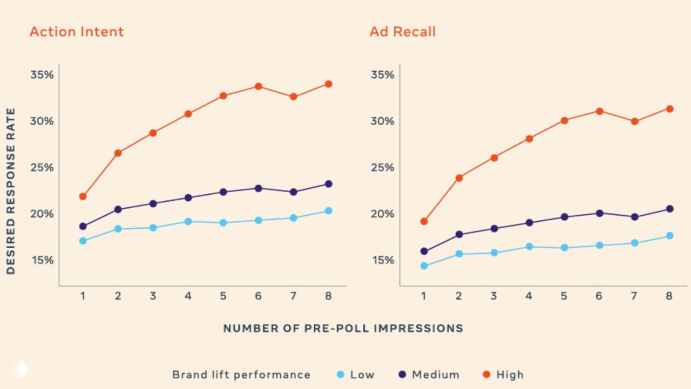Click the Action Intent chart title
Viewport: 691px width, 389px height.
[x=77, y=32]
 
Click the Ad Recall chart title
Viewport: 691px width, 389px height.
[x=402, y=32]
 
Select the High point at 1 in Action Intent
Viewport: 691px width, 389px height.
[x=83, y=196]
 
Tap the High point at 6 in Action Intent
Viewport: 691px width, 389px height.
[x=258, y=86]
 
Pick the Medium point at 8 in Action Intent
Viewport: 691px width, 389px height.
[x=328, y=184]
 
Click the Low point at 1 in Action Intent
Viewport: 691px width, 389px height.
[x=83, y=241]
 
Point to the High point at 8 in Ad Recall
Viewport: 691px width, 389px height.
[x=669, y=109]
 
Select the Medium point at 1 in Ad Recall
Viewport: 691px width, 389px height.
[x=424, y=251]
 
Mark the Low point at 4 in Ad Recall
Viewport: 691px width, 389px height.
[x=529, y=247]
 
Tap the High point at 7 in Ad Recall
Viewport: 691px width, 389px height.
[x=634, y=121]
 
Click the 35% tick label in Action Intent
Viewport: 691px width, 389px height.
[x=42, y=75]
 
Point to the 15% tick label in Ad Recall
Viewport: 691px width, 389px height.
[x=382, y=261]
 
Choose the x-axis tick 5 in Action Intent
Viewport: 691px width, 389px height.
[x=223, y=296]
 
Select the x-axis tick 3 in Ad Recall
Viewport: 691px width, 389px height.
[x=493, y=296]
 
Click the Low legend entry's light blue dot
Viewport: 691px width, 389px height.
[x=340, y=374]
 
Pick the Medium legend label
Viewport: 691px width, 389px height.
[x=435, y=374]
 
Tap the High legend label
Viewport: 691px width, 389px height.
[x=510, y=374]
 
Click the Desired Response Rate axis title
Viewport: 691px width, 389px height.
[x=11, y=192]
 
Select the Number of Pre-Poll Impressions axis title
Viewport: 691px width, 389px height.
[x=343, y=328]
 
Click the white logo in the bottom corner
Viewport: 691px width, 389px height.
[x=20, y=369]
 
